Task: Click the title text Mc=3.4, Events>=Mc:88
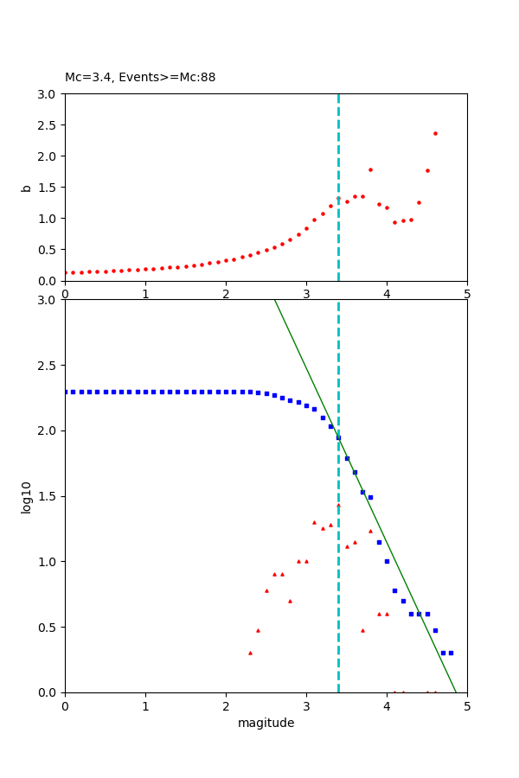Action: pyautogui.click(x=140, y=77)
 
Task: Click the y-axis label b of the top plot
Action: pyautogui.click(x=26, y=187)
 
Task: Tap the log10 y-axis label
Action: pyautogui.click(x=26, y=497)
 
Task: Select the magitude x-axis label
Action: pyautogui.click(x=266, y=724)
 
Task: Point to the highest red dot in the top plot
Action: pyautogui.click(x=435, y=133)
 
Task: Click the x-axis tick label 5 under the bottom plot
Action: pyautogui.click(x=467, y=707)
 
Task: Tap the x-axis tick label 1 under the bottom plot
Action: pyautogui.click(x=145, y=707)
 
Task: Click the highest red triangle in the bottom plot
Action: pyautogui.click(x=338, y=506)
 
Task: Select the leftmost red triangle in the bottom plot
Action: pyautogui.click(x=250, y=653)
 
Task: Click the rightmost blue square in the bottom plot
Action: pyautogui.click(x=451, y=653)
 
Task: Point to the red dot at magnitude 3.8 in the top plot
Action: pyautogui.click(x=370, y=169)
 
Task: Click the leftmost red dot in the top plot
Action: pyautogui.click(x=66, y=272)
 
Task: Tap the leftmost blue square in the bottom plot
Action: pyautogui.click(x=66, y=392)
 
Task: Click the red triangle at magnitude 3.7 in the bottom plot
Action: pyautogui.click(x=362, y=630)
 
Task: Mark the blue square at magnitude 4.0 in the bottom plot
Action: pyautogui.click(x=387, y=561)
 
